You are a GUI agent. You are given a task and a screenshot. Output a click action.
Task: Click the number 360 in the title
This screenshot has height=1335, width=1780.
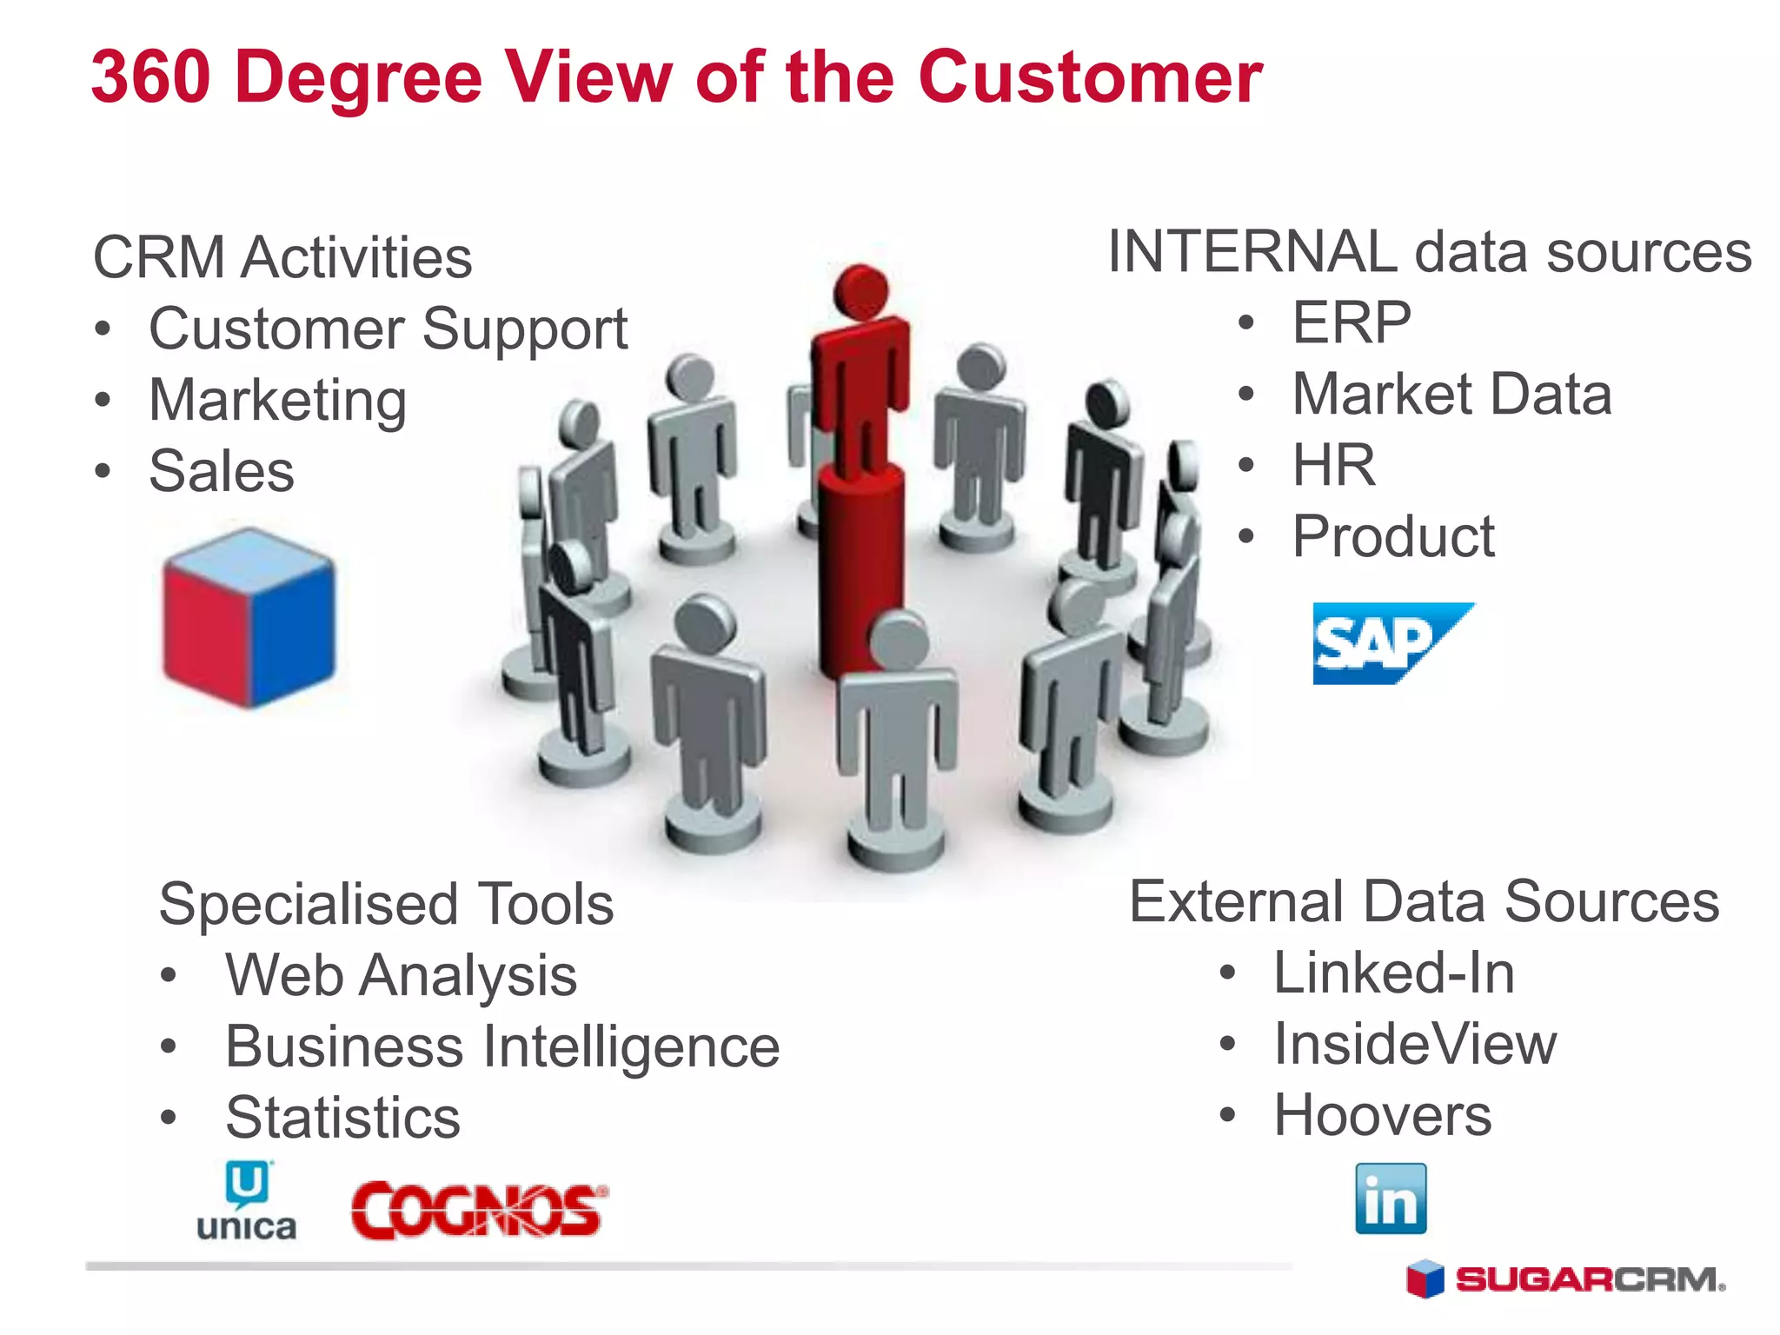(151, 77)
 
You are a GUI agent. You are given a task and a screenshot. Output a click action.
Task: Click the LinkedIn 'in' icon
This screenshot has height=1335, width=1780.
(1391, 1199)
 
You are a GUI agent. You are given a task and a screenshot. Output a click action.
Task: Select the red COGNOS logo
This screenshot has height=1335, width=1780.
(478, 1210)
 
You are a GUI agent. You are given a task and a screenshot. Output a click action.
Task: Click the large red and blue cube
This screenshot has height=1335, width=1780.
(249, 618)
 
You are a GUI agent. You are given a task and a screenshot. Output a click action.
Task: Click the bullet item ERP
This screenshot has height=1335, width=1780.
(1352, 322)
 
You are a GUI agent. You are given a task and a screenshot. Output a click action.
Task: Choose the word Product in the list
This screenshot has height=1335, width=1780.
(1393, 536)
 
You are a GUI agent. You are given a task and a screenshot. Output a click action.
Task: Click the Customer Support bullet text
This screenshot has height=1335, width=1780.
(388, 329)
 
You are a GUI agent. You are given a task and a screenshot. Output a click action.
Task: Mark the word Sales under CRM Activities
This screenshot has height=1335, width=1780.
(222, 471)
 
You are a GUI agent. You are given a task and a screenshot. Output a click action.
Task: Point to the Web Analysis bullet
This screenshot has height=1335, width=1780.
(401, 975)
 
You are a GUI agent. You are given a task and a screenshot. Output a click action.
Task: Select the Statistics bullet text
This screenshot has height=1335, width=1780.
(342, 1118)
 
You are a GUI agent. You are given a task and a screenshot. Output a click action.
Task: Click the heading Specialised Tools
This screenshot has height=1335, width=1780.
(386, 904)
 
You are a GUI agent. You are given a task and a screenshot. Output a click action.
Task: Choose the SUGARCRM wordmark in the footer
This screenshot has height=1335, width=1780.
(1589, 1280)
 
